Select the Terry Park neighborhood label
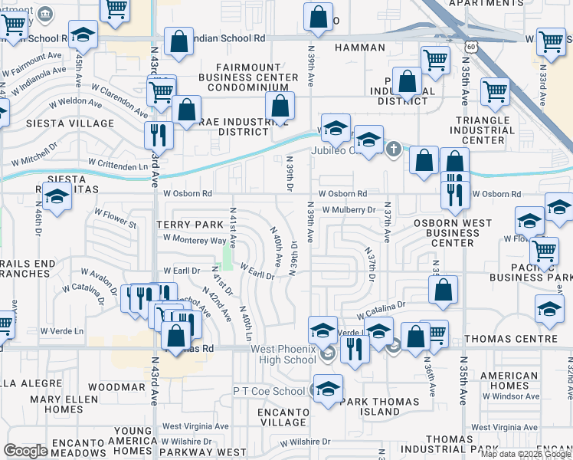[x=188, y=225]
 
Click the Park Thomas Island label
[x=381, y=406]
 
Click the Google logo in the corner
[x=26, y=450]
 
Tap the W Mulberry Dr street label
[x=349, y=209]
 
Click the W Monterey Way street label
[x=194, y=240]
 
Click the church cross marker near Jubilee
[x=394, y=149]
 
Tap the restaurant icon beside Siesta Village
[x=159, y=134]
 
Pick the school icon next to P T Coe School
[x=328, y=388]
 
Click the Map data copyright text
[x=526, y=454]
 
